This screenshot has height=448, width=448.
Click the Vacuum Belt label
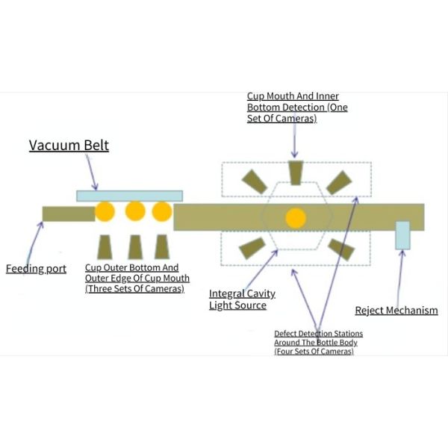point(69,146)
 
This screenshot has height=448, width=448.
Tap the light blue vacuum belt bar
point(129,196)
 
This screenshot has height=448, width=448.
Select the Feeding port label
point(36,269)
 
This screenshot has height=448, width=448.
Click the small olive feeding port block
point(68,214)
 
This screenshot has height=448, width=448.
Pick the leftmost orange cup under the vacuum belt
point(105,211)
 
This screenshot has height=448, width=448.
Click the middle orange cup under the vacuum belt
point(135,211)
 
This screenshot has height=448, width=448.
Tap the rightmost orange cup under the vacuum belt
point(162,211)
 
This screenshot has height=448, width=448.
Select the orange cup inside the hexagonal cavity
point(296,218)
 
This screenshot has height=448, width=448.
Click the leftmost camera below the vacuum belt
point(105,247)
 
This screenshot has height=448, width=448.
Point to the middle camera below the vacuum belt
point(135,247)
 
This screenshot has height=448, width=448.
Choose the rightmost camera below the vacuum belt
point(162,247)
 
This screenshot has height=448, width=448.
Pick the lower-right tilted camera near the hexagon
point(341,249)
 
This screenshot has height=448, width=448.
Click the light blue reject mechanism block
point(402,235)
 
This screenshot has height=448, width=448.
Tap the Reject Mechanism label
point(396,311)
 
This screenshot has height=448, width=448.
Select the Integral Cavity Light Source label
point(237,299)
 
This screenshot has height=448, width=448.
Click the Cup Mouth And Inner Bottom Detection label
point(297,108)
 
